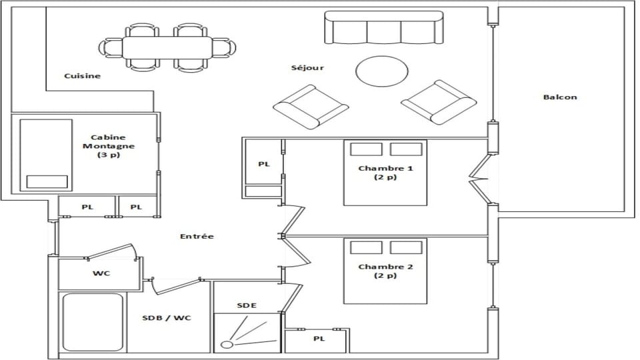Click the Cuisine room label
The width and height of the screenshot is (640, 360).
pyautogui.click(x=82, y=76)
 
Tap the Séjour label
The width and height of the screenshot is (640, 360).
pyautogui.click(x=307, y=68)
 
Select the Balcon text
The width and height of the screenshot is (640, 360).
pyautogui.click(x=559, y=97)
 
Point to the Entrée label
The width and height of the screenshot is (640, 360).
pyautogui.click(x=197, y=237)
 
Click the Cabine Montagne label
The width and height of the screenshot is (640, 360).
pyautogui.click(x=108, y=146)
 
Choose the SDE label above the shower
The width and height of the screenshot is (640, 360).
pyautogui.click(x=246, y=305)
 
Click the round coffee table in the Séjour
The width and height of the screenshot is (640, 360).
pyautogui.click(x=381, y=71)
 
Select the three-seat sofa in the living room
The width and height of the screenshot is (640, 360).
pyautogui.click(x=383, y=27)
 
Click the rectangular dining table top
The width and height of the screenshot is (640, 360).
pyautogui.click(x=167, y=47)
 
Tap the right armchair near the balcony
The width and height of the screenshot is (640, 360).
pyautogui.click(x=438, y=102)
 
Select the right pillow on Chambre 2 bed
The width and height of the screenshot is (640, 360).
pyautogui.click(x=406, y=248)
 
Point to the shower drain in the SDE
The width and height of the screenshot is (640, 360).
pyautogui.click(x=227, y=345)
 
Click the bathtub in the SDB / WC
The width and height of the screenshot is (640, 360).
pyautogui.click(x=92, y=323)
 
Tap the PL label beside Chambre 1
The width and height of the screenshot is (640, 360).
pyautogui.click(x=264, y=164)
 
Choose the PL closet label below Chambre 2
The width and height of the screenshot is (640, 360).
pyautogui.click(x=319, y=339)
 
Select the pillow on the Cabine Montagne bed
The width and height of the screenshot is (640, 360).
pyautogui.click(x=47, y=182)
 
